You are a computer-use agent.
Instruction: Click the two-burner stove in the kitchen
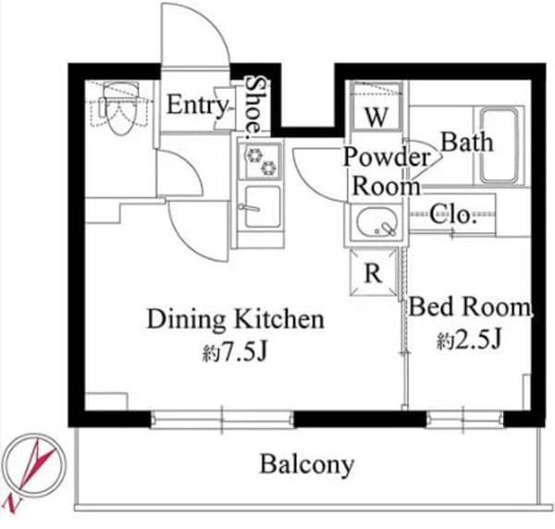pyautogui.click(x=259, y=160)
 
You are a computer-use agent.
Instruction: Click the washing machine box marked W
pyautogui.click(x=376, y=117)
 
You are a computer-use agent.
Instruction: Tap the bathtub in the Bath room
pyautogui.click(x=500, y=144)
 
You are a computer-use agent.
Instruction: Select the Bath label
pyautogui.click(x=466, y=142)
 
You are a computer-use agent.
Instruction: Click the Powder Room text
pyautogui.click(x=387, y=171)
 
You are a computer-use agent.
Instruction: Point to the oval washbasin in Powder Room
pyautogui.click(x=375, y=223)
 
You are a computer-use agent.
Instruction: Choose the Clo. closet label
pyautogui.click(x=453, y=216)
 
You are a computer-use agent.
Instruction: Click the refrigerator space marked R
pyautogui.click(x=373, y=274)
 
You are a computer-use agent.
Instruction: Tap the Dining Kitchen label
pyautogui.click(x=235, y=320)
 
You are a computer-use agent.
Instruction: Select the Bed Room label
pyautogui.click(x=470, y=306)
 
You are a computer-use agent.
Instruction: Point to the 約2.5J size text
pyautogui.click(x=469, y=339)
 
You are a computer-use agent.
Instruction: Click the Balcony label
pyautogui.click(x=306, y=463)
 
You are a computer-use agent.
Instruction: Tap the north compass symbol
pyautogui.click(x=32, y=470)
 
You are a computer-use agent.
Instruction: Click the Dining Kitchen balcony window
pyautogui.click(x=222, y=418)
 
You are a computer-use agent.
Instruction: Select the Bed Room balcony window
pyautogui.click(x=459, y=418)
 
